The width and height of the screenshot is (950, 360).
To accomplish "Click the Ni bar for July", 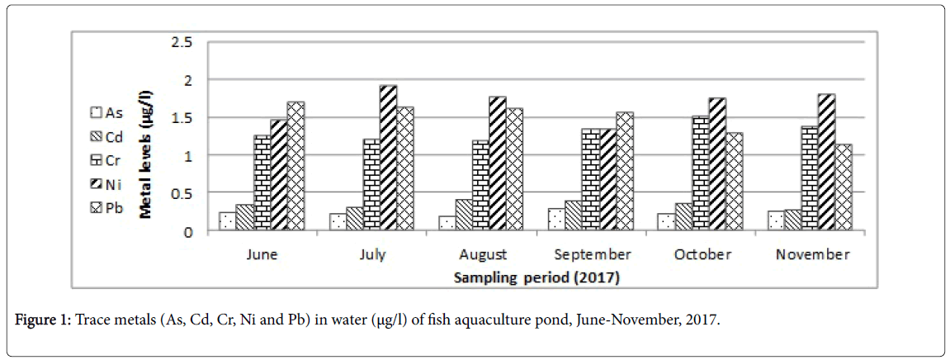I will point(388,158).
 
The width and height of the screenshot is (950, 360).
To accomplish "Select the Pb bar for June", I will point(295,166).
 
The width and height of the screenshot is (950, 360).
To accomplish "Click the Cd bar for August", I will point(464,214).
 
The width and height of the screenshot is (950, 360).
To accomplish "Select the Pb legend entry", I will point(101,211).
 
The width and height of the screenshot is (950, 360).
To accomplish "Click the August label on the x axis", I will point(480,254).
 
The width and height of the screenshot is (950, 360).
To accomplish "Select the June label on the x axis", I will point(261,254).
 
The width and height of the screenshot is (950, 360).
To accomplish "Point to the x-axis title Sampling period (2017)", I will point(536,278).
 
